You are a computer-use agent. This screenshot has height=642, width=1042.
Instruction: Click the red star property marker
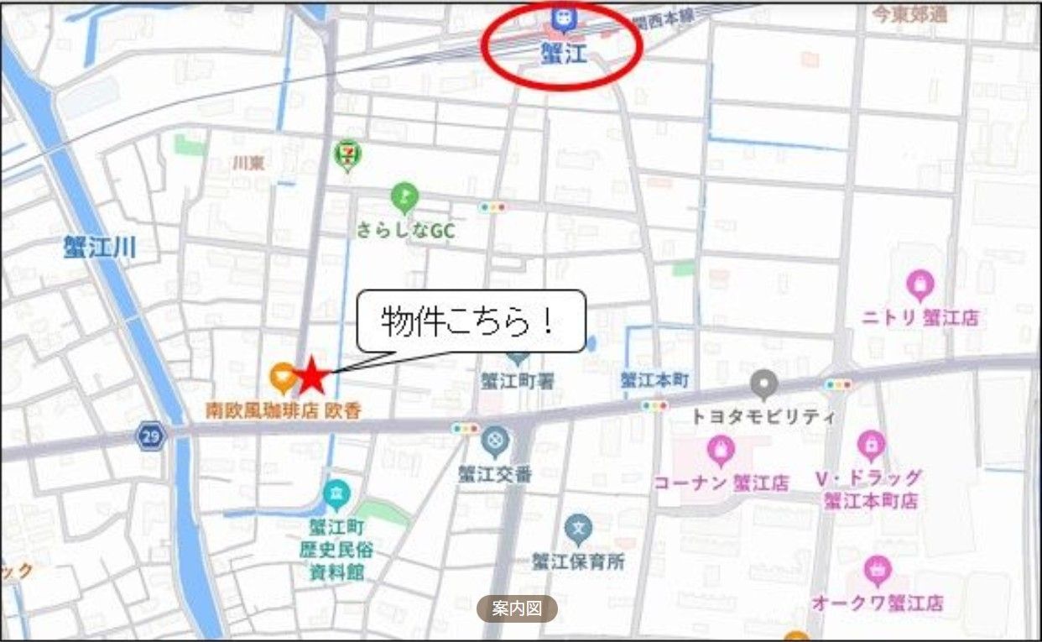pyautogui.click(x=312, y=375)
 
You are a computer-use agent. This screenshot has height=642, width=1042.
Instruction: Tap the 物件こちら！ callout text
pyautogui.click(x=470, y=321)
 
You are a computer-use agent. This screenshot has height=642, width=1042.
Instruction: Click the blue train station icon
pyautogui.click(x=559, y=16)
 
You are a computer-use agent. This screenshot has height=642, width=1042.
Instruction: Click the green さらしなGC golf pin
pyautogui.click(x=404, y=198)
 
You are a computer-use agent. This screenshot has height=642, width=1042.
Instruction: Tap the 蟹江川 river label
pyautogui.click(x=99, y=247)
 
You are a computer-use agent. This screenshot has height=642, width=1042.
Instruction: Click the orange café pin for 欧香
pyautogui.click(x=283, y=377)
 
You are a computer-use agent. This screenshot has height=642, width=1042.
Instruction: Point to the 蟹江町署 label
pyautogui.click(x=517, y=380)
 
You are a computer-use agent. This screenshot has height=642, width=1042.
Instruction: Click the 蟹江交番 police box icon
pyautogui.click(x=495, y=439)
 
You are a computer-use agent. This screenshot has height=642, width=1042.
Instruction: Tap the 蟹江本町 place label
pyautogui.click(x=654, y=380)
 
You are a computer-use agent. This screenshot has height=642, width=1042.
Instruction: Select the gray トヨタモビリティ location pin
pyautogui.click(x=763, y=384)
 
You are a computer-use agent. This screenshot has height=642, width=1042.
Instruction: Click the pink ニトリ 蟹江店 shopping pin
pyautogui.click(x=920, y=285)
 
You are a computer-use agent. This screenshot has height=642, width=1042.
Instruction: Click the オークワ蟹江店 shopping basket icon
pyautogui.click(x=878, y=571)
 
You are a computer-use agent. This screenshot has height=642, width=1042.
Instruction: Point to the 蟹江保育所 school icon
pyautogui.click(x=578, y=529)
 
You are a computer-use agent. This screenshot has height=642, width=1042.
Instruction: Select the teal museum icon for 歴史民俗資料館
pyautogui.click(x=336, y=493)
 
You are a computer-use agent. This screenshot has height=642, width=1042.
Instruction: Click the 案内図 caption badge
pyautogui.click(x=517, y=608)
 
